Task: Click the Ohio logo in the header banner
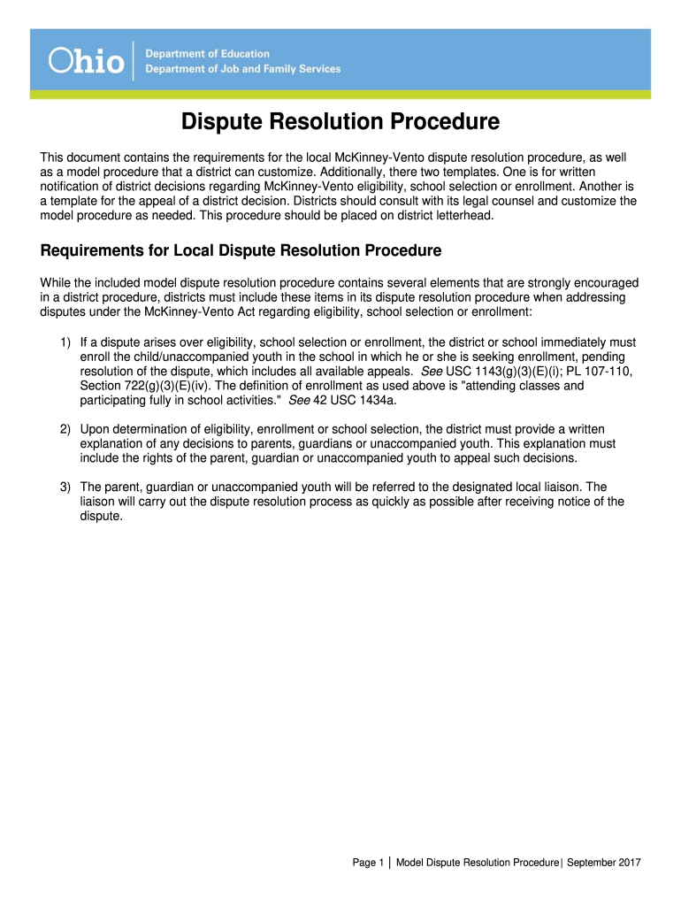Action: pyautogui.click(x=87, y=61)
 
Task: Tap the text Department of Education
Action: pyautogui.click(x=208, y=55)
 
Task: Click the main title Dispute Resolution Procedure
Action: pyautogui.click(x=340, y=121)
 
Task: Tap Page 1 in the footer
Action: pyautogui.click(x=367, y=863)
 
